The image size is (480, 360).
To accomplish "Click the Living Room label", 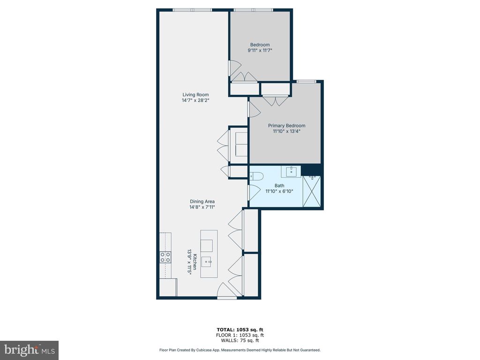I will (195, 95).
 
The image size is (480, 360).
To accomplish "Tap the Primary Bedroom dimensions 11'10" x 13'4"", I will (286, 132).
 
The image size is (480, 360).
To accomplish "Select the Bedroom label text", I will (260, 45).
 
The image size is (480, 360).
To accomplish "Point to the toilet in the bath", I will (257, 176).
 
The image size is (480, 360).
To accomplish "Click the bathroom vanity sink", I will (291, 172).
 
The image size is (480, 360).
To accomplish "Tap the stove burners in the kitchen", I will (165, 257).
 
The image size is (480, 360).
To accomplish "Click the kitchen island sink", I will (209, 262).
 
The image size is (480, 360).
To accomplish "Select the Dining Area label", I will (202, 202).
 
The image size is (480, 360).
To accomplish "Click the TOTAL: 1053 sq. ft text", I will (240, 330).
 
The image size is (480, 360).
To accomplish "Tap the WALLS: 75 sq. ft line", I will (240, 340).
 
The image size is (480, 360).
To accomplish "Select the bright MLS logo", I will (29, 350).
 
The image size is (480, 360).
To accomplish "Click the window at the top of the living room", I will (192, 9).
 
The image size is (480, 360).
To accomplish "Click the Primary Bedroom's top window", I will (306, 81).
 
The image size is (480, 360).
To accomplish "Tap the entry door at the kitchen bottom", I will (227, 297).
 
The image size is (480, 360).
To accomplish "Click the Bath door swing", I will (254, 193).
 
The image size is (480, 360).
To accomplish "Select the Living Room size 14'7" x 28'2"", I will (195, 100).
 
